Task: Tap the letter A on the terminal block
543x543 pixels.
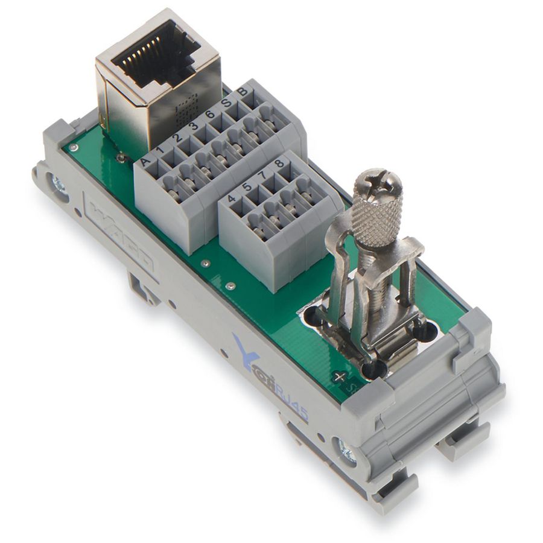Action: point(145,162)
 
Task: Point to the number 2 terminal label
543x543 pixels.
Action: point(178,139)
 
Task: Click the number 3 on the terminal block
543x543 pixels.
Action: point(194,127)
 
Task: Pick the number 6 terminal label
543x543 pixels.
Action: point(210,115)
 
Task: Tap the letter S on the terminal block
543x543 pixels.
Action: point(226,104)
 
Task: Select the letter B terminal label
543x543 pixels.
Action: point(243,92)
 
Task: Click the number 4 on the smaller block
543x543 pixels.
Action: point(231,198)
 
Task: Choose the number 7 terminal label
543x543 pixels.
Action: point(263,176)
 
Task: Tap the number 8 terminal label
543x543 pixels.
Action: point(279,164)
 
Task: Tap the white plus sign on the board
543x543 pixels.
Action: point(340,376)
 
